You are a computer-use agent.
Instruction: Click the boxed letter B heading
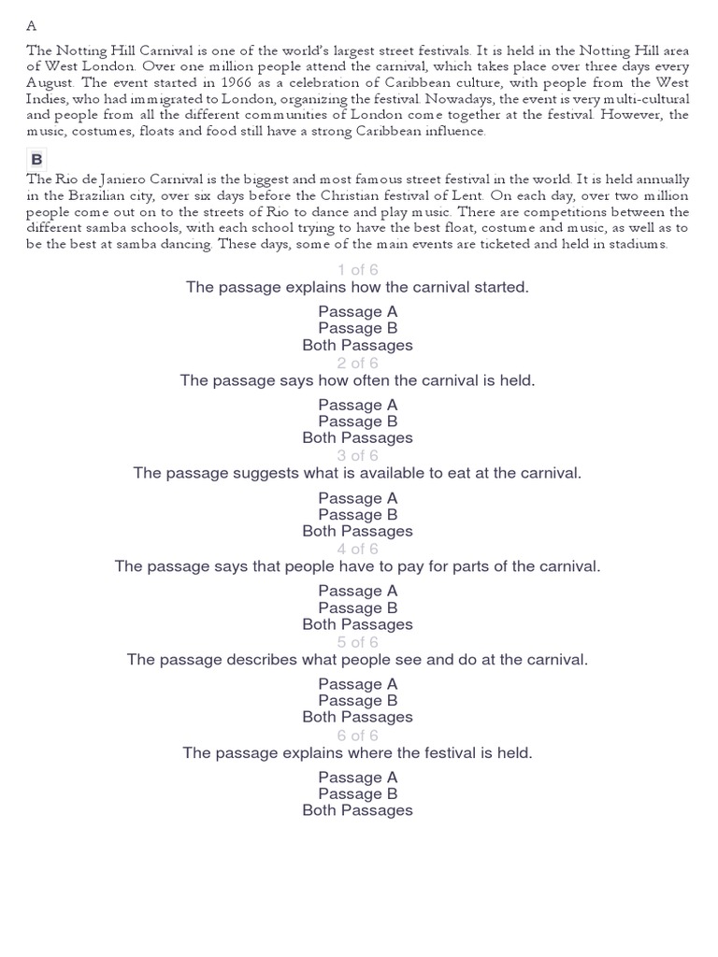37,159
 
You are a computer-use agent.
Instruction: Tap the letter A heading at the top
32,25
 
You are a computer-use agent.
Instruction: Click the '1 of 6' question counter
357,270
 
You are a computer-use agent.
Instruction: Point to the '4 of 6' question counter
357,549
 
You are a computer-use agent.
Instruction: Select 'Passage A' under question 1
357,311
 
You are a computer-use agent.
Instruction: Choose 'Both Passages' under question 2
357,437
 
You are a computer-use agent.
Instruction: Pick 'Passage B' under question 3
357,514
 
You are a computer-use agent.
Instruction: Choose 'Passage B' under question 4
357,607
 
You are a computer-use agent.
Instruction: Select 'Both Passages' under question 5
357,717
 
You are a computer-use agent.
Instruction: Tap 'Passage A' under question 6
357,777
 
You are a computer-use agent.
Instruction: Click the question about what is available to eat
357,473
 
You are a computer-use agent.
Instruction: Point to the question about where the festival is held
357,752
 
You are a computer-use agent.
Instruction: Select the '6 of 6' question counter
357,736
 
